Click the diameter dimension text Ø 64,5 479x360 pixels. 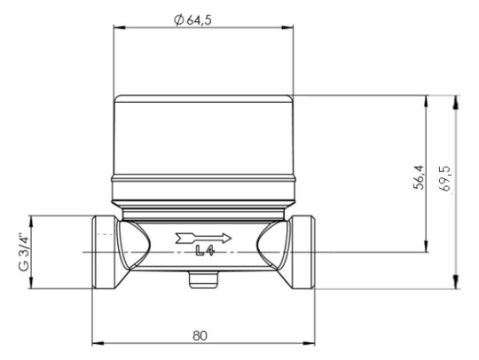200,17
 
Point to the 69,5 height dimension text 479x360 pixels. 445,178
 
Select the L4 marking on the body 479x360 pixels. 204,252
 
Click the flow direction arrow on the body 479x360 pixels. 203,237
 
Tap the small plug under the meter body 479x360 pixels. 203,280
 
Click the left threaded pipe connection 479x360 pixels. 105,252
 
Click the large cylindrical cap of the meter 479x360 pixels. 202,137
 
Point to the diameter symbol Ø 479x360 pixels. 178,17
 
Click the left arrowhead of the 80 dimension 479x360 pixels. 97,344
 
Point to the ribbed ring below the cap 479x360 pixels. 202,189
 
